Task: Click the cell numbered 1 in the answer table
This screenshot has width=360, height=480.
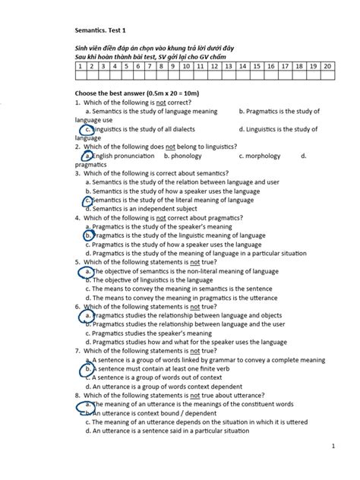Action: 81,67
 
